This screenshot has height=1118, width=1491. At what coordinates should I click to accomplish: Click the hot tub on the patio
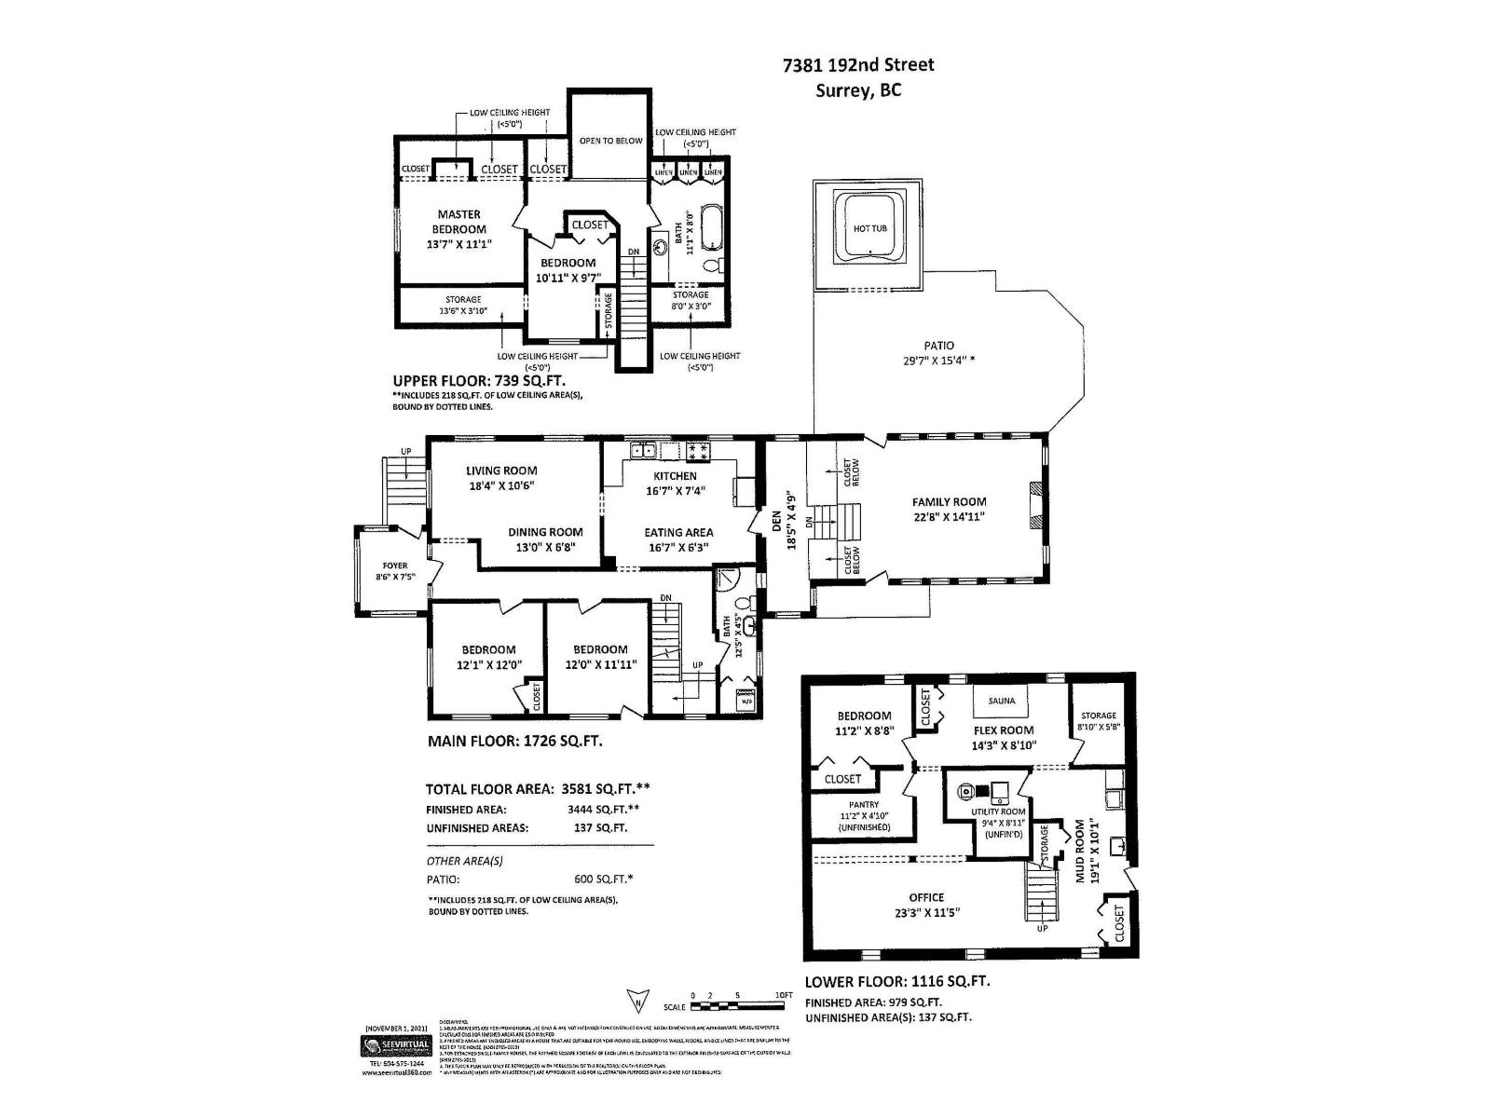[x=869, y=228]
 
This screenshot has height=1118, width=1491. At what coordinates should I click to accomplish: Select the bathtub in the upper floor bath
[x=711, y=226]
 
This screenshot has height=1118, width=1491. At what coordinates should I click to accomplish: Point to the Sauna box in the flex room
[x=1002, y=701]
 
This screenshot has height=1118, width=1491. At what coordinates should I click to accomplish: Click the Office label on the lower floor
[x=926, y=897]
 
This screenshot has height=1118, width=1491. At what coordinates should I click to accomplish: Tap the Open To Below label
[x=610, y=141]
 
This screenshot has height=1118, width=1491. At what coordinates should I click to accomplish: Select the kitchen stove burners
[x=698, y=452]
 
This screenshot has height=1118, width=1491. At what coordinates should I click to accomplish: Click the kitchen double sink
[x=641, y=452]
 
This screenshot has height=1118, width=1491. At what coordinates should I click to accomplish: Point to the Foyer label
[x=395, y=566]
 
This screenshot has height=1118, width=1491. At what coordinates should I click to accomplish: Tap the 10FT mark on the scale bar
[x=784, y=996]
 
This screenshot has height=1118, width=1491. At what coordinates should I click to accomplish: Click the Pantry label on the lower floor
[x=864, y=804]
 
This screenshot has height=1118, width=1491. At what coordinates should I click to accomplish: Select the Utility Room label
[x=998, y=812]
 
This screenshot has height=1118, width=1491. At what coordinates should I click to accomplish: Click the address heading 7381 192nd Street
[x=857, y=65]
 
